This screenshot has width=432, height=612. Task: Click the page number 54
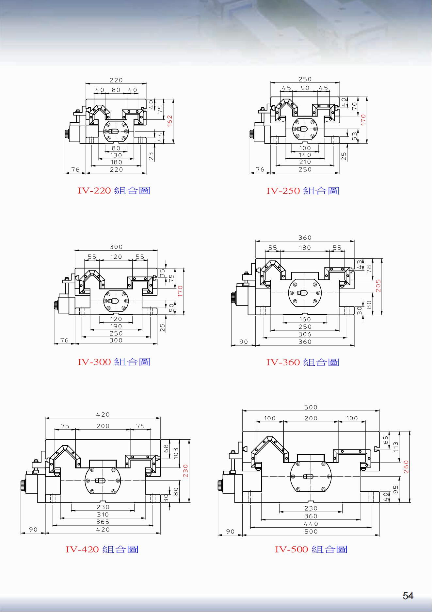pyautogui.click(x=408, y=596)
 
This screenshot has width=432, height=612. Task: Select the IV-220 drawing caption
pyautogui.click(x=114, y=190)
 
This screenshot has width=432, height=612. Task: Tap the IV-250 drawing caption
pyautogui.click(x=303, y=191)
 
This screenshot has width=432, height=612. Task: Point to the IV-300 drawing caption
pyautogui.click(x=114, y=362)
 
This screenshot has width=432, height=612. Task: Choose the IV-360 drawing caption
pyautogui.click(x=303, y=362)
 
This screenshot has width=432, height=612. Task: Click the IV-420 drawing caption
pyautogui.click(x=102, y=549)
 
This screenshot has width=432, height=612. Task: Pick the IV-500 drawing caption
pyautogui.click(x=311, y=549)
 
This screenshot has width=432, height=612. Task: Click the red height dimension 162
pyautogui.click(x=169, y=121)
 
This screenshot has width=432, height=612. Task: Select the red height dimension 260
pyautogui.click(x=406, y=467)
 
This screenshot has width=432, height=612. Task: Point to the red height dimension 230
pyautogui.click(x=185, y=471)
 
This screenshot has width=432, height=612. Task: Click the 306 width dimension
pyautogui.click(x=305, y=334)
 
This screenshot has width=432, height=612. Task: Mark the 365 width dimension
pyautogui.click(x=103, y=522)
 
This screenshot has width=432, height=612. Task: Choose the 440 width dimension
pyautogui.click(x=311, y=524)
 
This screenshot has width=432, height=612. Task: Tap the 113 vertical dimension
pyautogui.click(x=396, y=447)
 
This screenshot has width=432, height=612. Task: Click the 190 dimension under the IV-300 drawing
pyautogui.click(x=116, y=326)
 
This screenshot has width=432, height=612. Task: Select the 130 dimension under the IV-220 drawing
pyautogui.click(x=116, y=155)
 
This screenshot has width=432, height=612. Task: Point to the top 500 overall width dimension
pyautogui.click(x=311, y=407)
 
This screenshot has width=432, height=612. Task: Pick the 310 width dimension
pyautogui.click(x=103, y=515)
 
